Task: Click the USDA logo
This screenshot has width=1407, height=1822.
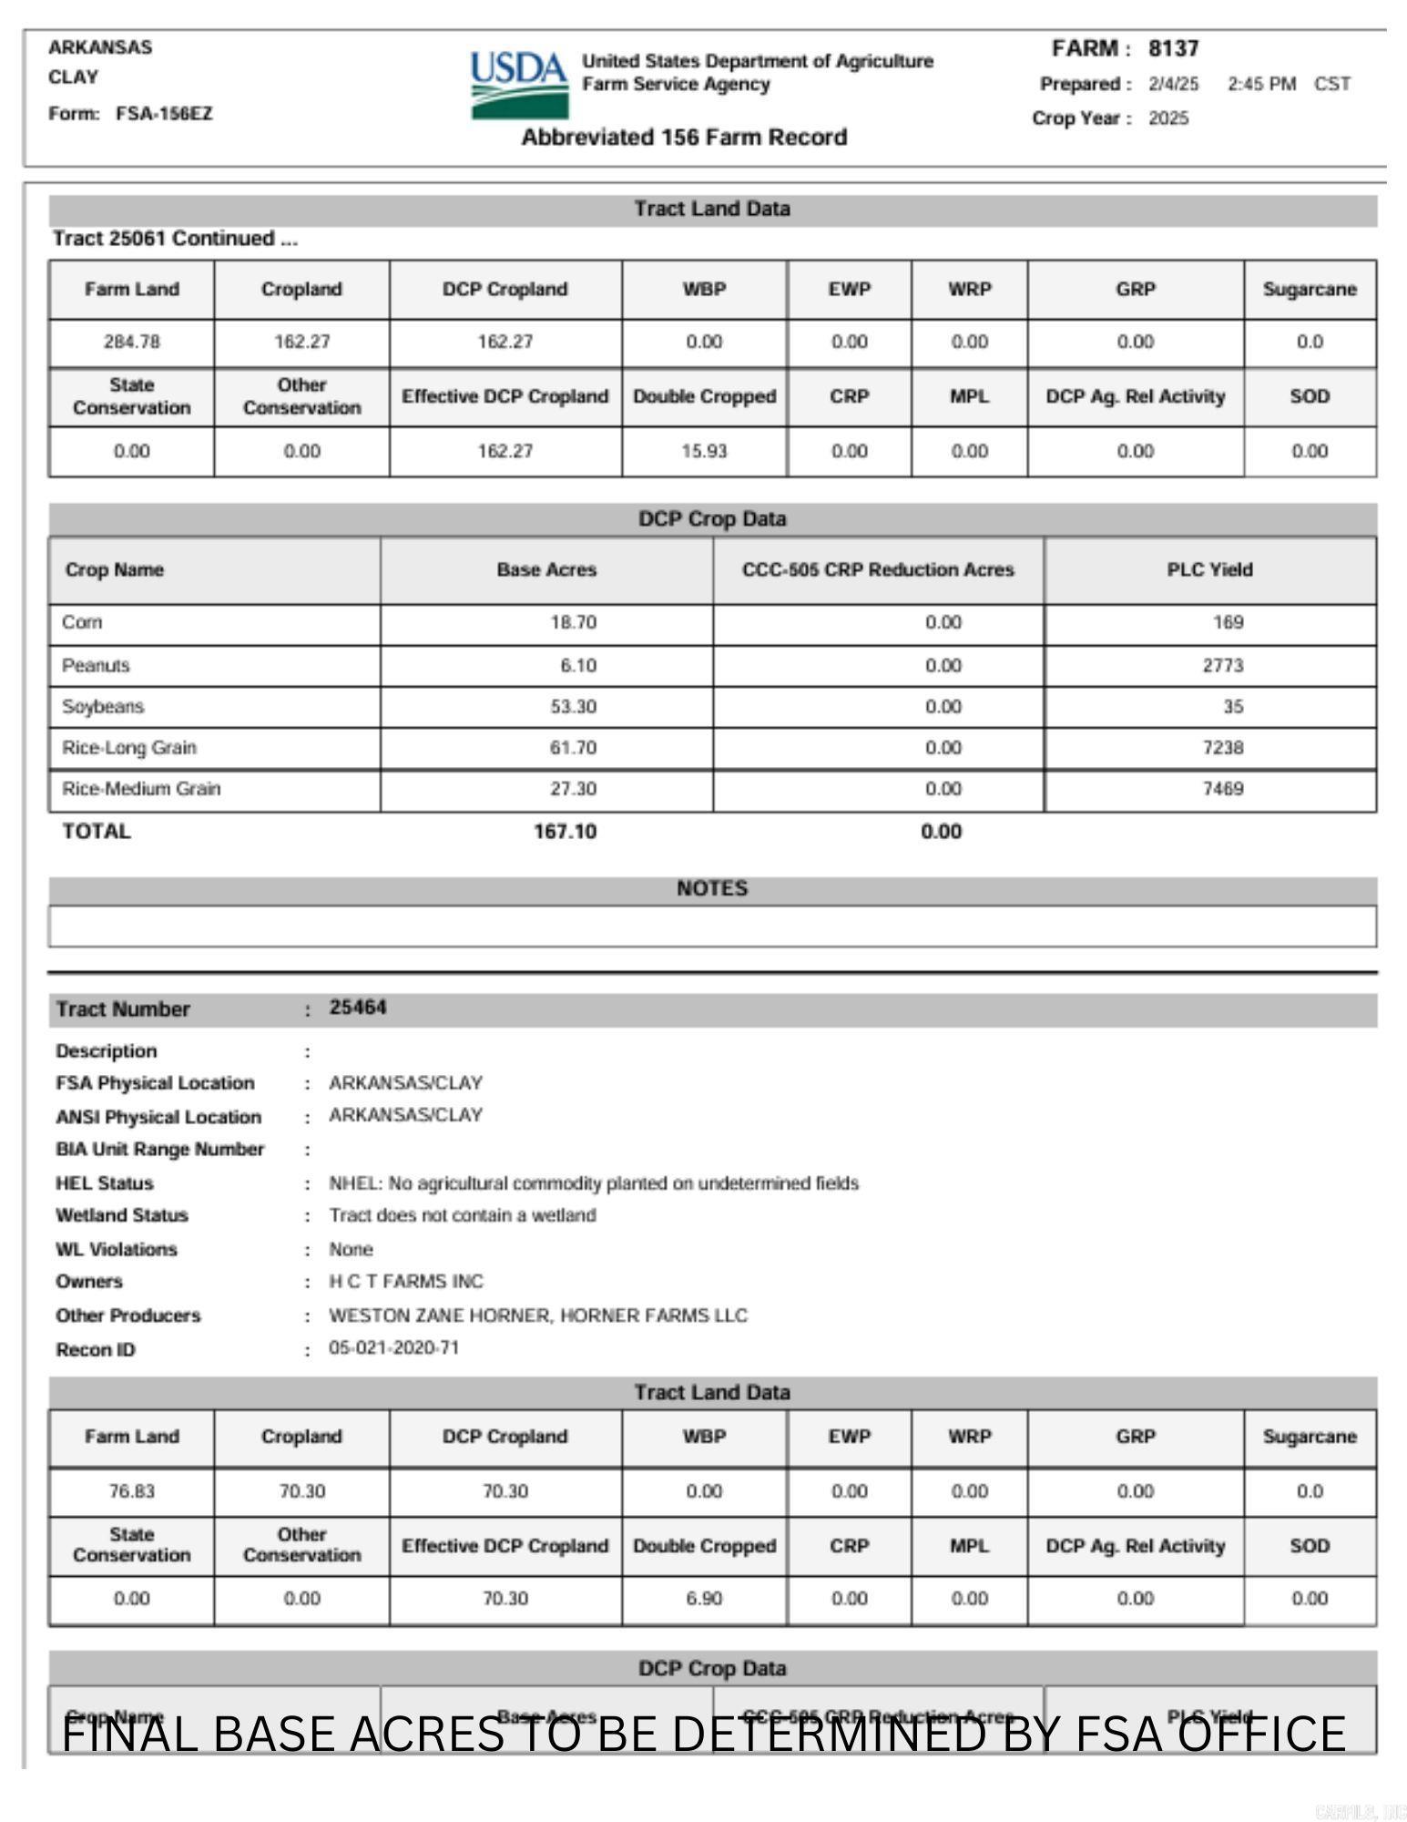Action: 518,85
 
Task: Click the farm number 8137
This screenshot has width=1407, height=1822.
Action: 1173,48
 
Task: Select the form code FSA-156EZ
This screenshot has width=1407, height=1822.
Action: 164,114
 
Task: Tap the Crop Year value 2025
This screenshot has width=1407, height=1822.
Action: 1168,118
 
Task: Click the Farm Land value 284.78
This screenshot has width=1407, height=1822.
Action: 131,343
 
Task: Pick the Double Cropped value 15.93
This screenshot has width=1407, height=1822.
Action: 704,452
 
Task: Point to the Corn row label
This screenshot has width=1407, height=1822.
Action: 82,623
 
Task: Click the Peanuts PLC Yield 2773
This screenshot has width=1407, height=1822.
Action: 1222,666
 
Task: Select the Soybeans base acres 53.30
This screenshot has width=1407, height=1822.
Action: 573,707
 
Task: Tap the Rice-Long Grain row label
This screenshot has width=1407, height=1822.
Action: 129,748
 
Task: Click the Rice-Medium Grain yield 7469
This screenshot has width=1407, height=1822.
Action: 1222,789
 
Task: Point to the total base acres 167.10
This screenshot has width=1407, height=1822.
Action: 565,832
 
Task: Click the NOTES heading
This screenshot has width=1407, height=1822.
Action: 712,889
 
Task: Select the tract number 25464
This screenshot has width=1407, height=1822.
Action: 358,1008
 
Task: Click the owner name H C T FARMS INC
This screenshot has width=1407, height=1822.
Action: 406,1282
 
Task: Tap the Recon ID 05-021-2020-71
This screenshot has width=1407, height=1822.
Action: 394,1348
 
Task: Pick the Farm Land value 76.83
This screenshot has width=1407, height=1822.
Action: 131,1492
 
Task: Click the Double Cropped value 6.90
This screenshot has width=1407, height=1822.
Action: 704,1600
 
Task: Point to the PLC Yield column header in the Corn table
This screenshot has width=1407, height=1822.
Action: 1209,570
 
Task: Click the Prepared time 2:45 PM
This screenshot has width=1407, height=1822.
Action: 1261,85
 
